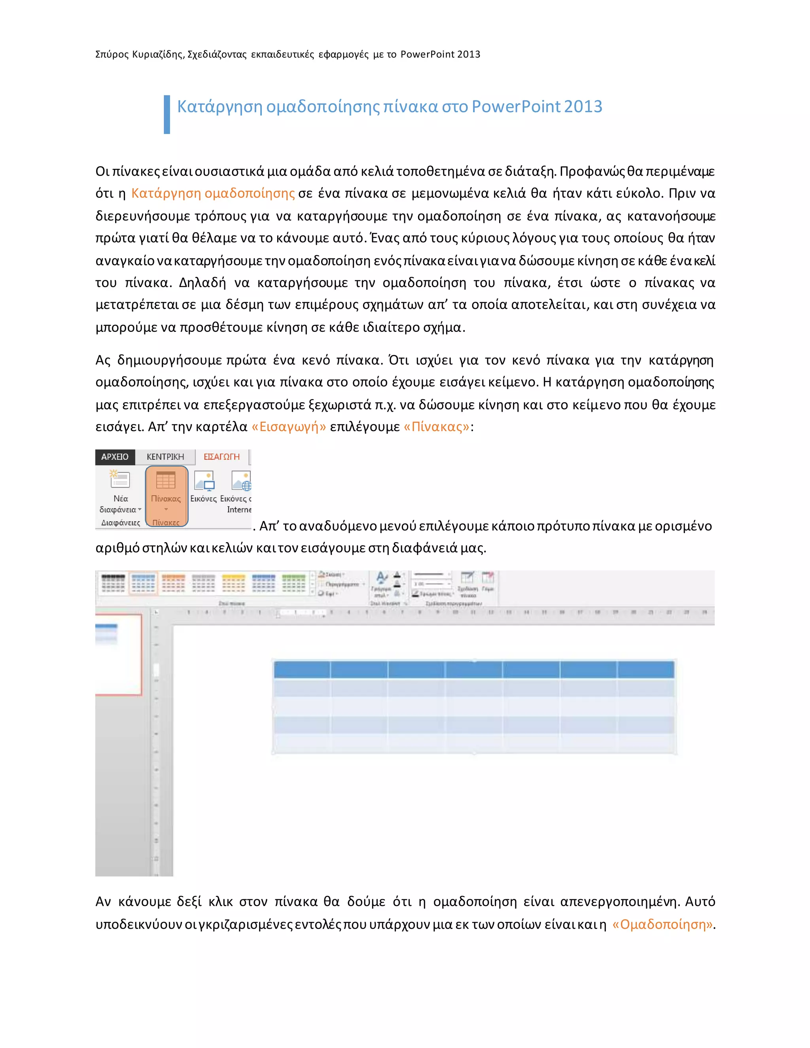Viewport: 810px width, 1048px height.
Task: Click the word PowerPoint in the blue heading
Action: [516, 106]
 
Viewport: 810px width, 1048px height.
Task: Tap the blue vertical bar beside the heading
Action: [167, 114]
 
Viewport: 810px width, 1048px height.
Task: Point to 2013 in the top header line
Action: [469, 54]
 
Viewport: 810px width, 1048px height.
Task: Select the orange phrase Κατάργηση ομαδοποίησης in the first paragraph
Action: [212, 193]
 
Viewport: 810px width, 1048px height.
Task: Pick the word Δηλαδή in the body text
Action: [202, 283]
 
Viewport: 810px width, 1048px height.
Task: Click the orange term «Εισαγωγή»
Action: [288, 427]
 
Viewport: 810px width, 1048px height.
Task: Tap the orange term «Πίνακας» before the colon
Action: [436, 427]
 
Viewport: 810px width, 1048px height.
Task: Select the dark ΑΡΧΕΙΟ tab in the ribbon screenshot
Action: [115, 457]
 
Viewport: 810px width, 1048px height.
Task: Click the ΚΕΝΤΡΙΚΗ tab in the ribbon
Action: [165, 457]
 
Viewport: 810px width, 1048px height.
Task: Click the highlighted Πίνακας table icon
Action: [166, 480]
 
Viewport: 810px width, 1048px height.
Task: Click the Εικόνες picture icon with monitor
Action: [204, 481]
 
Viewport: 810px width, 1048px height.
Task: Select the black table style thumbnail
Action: [113, 583]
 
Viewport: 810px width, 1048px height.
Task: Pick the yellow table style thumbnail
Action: [234, 583]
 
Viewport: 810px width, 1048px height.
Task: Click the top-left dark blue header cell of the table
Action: [302, 670]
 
